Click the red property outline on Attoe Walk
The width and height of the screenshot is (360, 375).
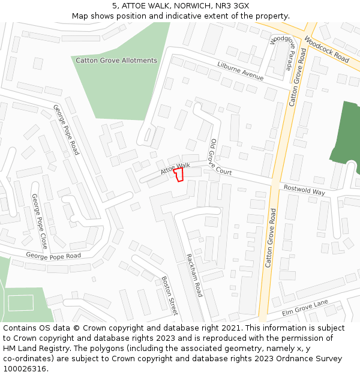pyautogui.click(x=178, y=175)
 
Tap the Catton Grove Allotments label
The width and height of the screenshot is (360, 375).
pyautogui.click(x=116, y=61)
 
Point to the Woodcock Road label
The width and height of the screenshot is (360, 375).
pyautogui.click(x=326, y=49)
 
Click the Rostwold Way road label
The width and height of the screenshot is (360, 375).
pyautogui.click(x=304, y=189)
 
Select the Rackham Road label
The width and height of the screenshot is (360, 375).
pyautogui.click(x=194, y=275)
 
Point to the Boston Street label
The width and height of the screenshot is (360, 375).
pyautogui.click(x=170, y=295)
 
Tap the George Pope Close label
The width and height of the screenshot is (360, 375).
pyautogui.click(x=40, y=221)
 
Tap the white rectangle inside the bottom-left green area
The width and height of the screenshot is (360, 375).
pyautogui.click(x=20, y=303)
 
